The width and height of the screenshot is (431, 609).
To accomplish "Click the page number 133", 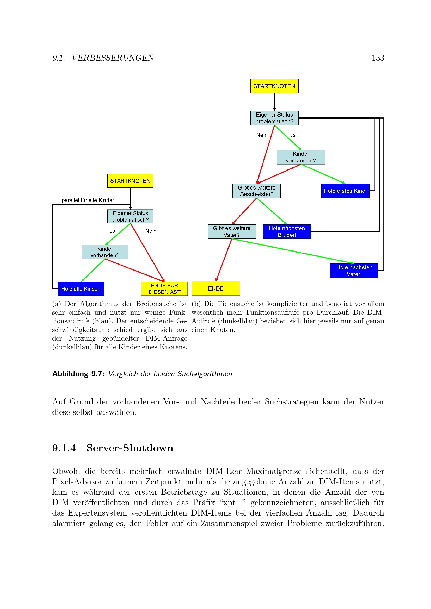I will point(378,58).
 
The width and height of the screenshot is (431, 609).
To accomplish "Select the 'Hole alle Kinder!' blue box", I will point(81,288).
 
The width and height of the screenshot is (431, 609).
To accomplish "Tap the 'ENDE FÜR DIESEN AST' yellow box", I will point(164,288).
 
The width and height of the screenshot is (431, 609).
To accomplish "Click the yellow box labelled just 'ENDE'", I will point(215,288).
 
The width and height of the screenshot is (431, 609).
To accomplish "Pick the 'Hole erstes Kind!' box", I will point(345,191).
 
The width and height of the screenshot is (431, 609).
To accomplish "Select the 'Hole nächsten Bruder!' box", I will point(287,231).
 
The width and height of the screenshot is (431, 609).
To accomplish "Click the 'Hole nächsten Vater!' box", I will point(354,271).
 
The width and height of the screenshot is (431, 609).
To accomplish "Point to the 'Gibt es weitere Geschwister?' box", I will point(256,191).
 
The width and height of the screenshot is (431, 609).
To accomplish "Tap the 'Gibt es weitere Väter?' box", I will point(232,231).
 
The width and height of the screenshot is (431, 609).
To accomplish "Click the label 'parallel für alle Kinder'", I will point(88,200).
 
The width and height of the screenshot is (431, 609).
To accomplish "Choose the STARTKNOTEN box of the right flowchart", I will point(274,86).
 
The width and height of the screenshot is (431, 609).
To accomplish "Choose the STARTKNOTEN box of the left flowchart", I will point(130,181).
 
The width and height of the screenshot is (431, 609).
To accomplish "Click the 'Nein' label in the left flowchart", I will point(151,231).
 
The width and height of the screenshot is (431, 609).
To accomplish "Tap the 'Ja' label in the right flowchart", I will point(293,135).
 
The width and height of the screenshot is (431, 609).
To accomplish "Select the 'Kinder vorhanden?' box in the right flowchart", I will point(301,157).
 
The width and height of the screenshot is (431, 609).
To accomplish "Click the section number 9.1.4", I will point(64,448).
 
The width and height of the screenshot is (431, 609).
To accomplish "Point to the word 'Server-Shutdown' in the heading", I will point(130,448).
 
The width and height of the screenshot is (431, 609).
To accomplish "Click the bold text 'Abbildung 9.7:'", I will point(78,374).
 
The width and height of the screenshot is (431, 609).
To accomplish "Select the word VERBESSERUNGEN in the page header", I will point(113,58).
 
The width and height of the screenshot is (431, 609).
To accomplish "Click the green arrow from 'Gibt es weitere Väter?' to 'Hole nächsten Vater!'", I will point(292,251).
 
